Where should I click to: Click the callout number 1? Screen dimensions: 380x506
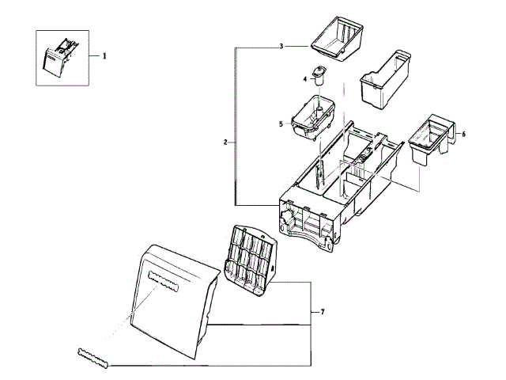[x=103, y=56]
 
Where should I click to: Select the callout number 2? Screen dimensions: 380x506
[x=225, y=142]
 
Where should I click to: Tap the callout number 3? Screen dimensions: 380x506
[x=281, y=47]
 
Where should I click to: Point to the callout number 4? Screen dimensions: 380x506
[x=304, y=78]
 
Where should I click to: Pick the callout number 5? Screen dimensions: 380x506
[x=281, y=124]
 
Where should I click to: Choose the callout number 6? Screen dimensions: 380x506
[x=463, y=135]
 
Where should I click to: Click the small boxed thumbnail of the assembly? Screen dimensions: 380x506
[x=60, y=57]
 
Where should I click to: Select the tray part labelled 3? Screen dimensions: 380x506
[x=339, y=39]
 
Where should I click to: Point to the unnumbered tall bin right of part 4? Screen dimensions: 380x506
[x=383, y=79]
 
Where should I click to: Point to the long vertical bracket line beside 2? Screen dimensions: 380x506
[x=235, y=127]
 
